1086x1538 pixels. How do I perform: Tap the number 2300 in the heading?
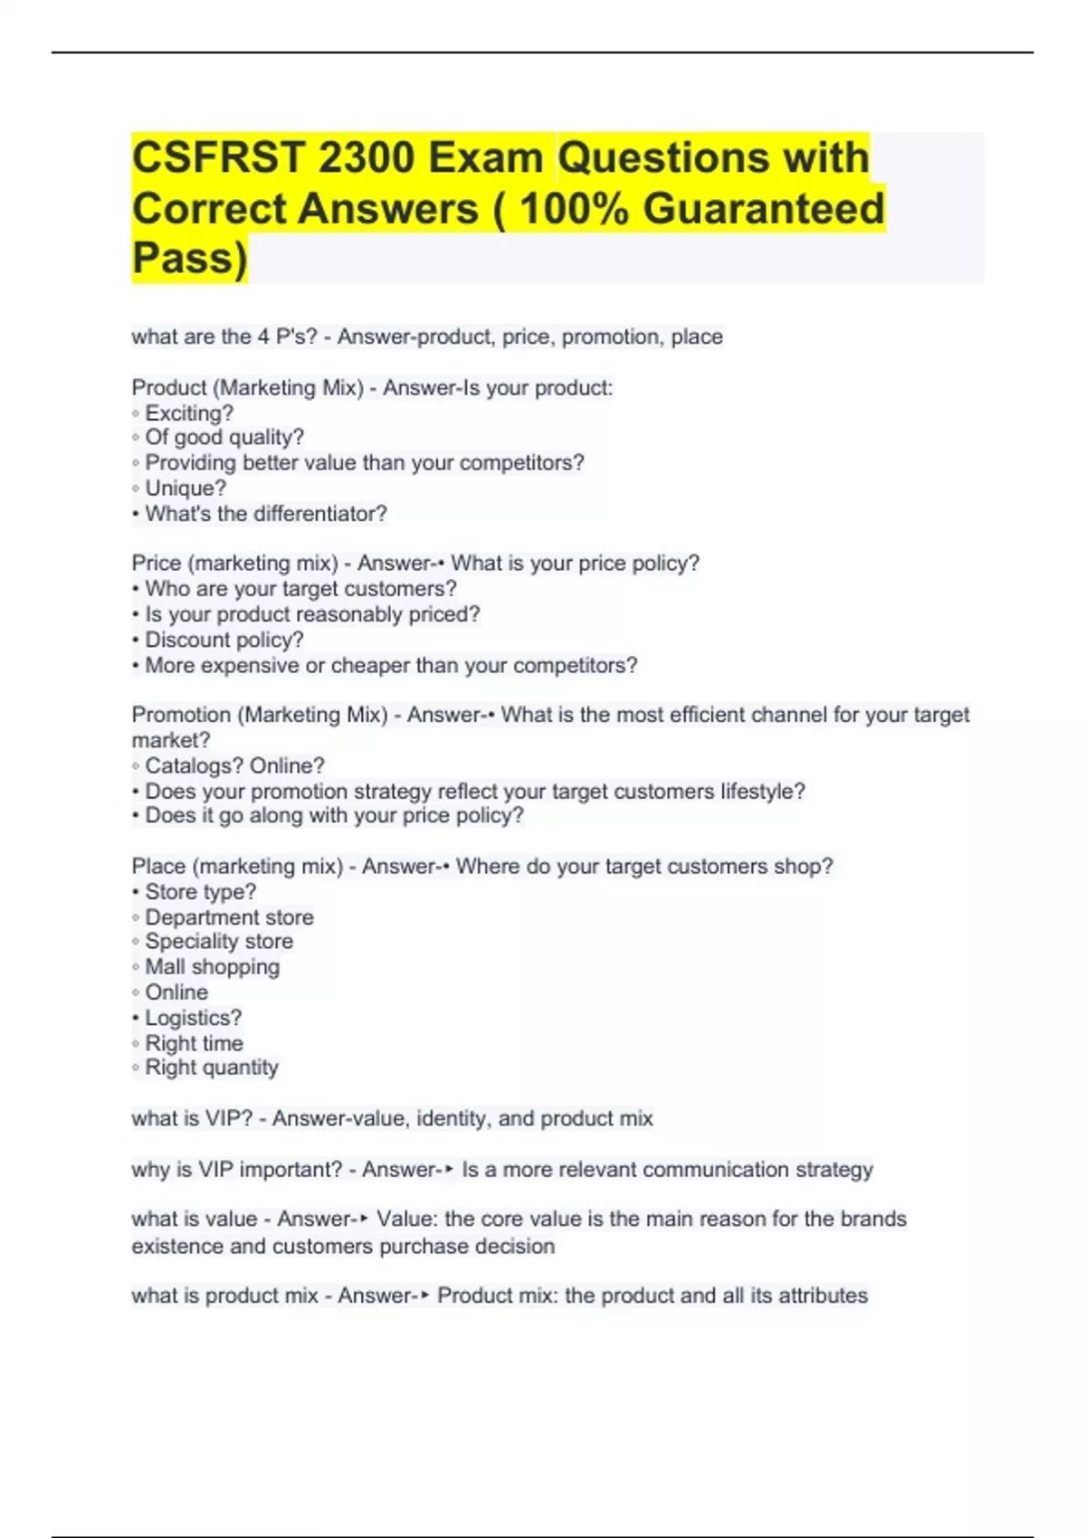tap(366, 158)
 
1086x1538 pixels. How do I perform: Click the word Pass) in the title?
tap(189, 259)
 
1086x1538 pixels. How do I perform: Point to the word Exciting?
tap(189, 413)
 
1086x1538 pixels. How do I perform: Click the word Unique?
tap(186, 489)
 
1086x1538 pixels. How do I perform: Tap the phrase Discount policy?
tap(224, 641)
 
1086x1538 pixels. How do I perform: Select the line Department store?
tap(229, 917)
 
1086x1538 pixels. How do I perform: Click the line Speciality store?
tap(219, 942)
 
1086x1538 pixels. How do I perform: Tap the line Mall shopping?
tap(212, 967)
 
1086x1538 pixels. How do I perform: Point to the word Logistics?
tap(193, 1018)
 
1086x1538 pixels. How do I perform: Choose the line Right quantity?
tap(212, 1068)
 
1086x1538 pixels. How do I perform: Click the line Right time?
tap(194, 1043)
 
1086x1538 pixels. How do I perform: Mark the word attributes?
tap(823, 1296)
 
